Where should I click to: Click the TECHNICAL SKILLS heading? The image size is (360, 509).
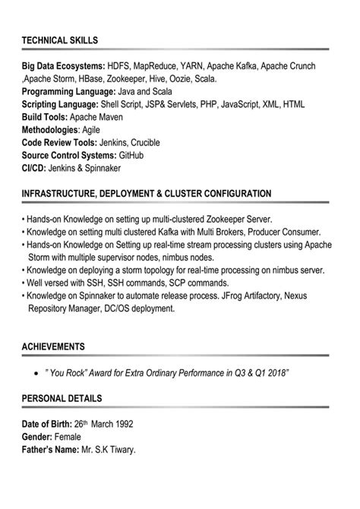60,40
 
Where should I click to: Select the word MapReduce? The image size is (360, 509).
163,66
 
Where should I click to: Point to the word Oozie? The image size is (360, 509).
178,77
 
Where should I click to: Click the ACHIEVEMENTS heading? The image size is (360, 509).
53,346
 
